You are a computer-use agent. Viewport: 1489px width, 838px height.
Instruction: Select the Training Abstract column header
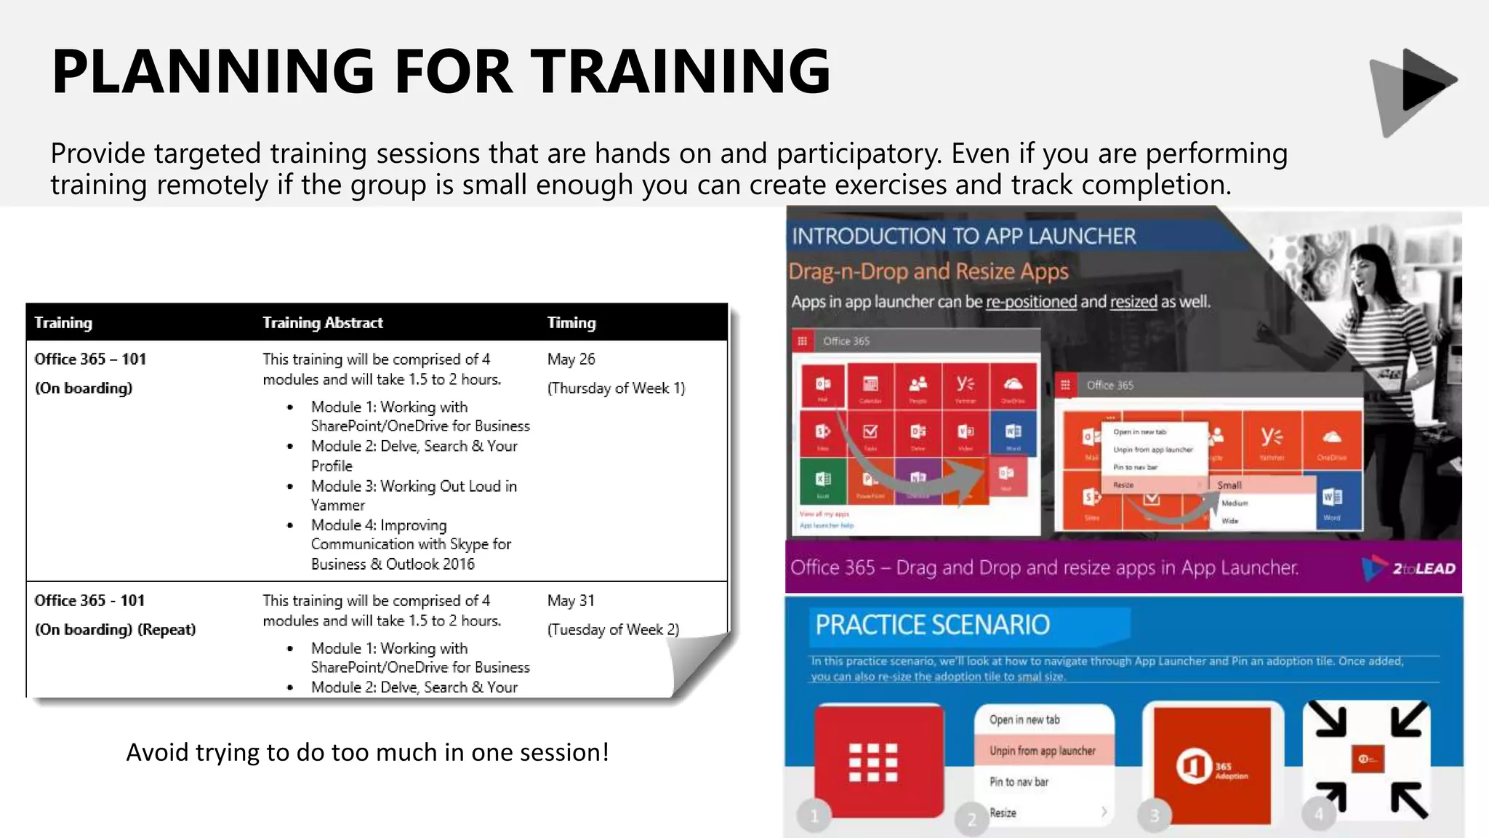pos(322,322)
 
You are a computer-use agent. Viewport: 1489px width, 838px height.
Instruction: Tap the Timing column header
pos(571,322)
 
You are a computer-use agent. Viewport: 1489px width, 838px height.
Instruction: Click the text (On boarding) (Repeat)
pos(115,629)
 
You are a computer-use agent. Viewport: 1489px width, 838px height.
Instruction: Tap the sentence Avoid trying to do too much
pos(367,752)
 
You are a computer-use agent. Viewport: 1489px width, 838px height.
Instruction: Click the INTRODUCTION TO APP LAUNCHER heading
pos(963,236)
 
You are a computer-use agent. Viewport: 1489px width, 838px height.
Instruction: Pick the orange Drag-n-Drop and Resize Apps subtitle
pos(928,271)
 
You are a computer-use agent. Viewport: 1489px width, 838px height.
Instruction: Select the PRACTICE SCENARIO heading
pos(932,625)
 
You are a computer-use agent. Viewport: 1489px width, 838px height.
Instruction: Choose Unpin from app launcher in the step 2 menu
pos(1041,751)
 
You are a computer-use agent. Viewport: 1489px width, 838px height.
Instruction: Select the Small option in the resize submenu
pos(1230,484)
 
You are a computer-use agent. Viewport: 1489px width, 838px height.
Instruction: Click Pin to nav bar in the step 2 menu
pos(1019,782)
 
